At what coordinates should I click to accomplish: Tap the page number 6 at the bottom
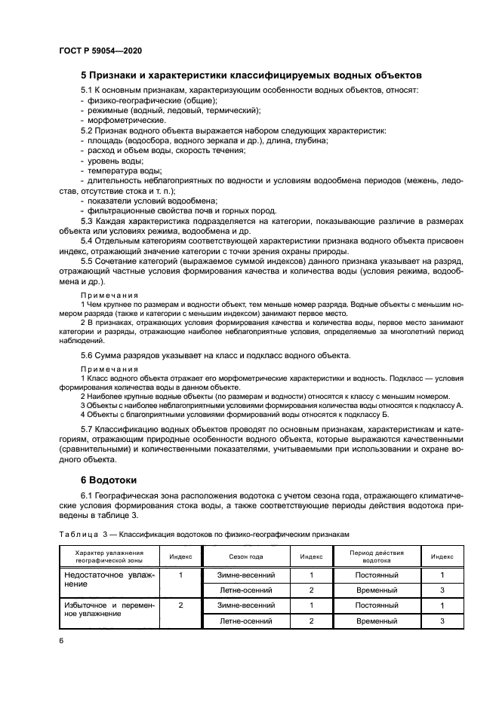click(x=60, y=639)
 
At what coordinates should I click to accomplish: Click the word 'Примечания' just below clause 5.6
click(x=109, y=369)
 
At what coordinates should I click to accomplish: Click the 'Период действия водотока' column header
click(x=376, y=556)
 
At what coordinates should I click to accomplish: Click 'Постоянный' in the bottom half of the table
click(x=376, y=605)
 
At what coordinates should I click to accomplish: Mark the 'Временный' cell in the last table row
click(x=376, y=621)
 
